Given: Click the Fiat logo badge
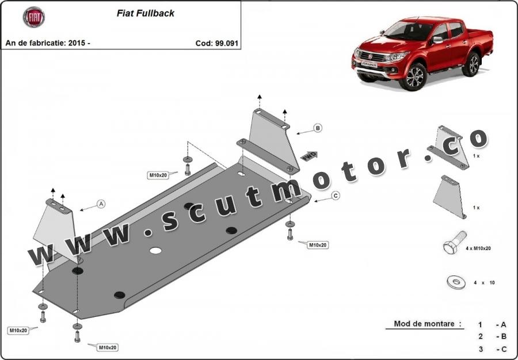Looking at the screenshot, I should pyautogui.click(x=33, y=17).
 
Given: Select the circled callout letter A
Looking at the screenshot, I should pyautogui.click(x=101, y=204).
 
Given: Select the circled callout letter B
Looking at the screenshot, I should pyautogui.click(x=317, y=128).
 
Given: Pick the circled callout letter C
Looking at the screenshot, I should pyautogui.click(x=336, y=196).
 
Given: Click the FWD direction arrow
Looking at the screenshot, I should pyautogui.click(x=309, y=155).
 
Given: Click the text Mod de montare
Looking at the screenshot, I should pyautogui.click(x=428, y=324).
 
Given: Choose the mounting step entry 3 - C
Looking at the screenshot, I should pyautogui.click(x=492, y=349).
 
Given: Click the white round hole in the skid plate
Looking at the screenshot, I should pyautogui.click(x=155, y=251).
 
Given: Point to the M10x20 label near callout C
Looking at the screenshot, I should pyautogui.click(x=317, y=245).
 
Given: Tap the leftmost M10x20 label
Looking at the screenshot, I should pyautogui.click(x=18, y=330).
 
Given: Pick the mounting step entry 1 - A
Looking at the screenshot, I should pyautogui.click(x=492, y=324).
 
